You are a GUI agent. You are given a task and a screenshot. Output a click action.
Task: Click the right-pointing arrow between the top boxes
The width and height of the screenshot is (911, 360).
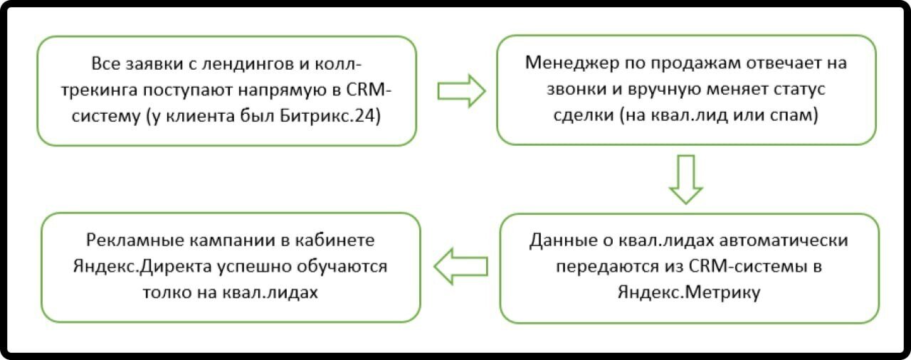460,90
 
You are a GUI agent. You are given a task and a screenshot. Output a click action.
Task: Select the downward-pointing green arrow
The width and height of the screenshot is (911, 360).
685,179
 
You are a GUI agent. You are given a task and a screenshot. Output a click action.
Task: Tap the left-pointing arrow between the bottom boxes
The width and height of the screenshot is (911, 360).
461,266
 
